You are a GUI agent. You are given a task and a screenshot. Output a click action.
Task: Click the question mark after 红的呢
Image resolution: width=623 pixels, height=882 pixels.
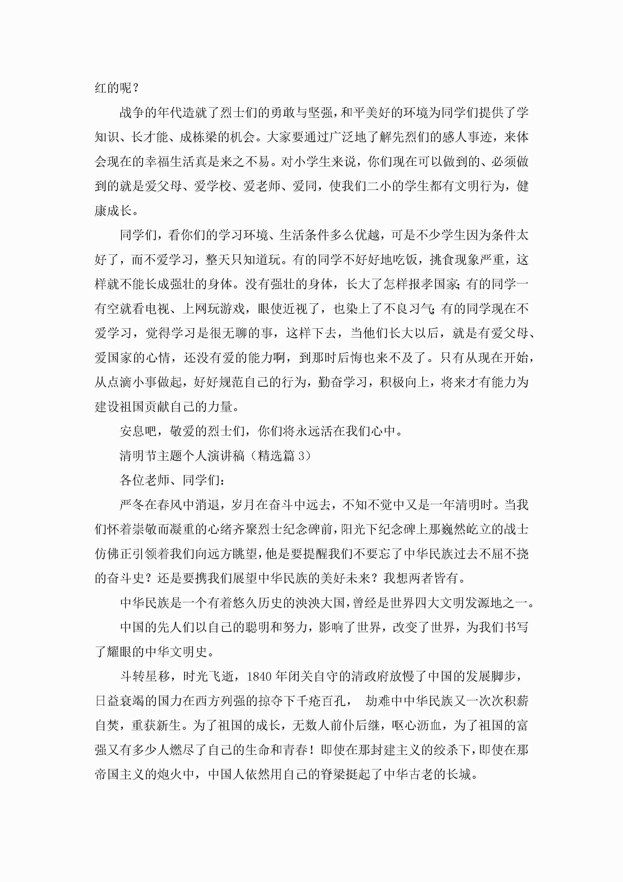(135, 88)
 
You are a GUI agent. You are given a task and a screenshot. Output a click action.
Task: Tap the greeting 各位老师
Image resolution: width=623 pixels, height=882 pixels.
(144, 480)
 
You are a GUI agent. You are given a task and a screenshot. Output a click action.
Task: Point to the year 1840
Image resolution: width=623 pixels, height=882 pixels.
(260, 677)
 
